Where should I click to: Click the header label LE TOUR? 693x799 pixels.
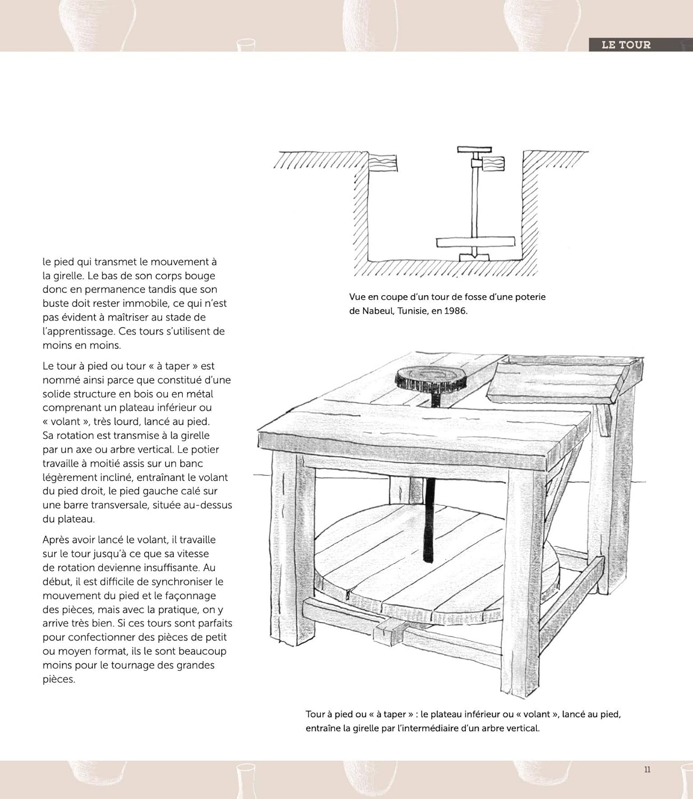pyautogui.click(x=626, y=45)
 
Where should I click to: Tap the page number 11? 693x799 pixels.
pyautogui.click(x=647, y=769)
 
